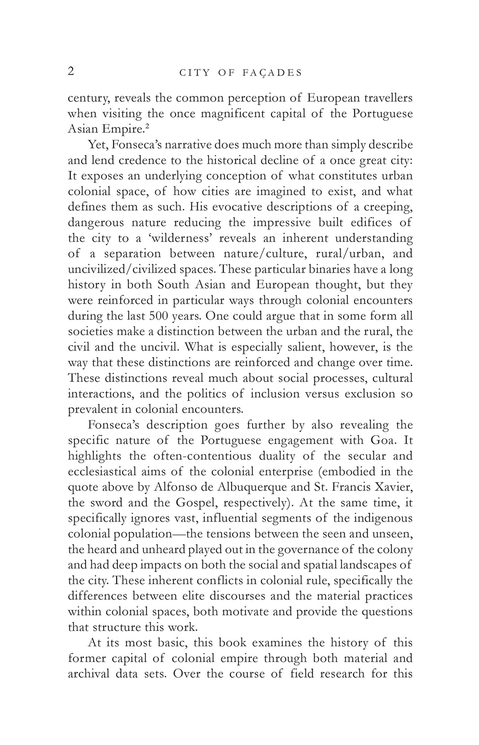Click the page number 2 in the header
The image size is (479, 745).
coord(71,71)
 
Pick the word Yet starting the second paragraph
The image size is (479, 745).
coord(97,145)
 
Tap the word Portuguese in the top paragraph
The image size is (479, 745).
coord(382,114)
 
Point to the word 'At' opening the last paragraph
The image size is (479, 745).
coord(95,643)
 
